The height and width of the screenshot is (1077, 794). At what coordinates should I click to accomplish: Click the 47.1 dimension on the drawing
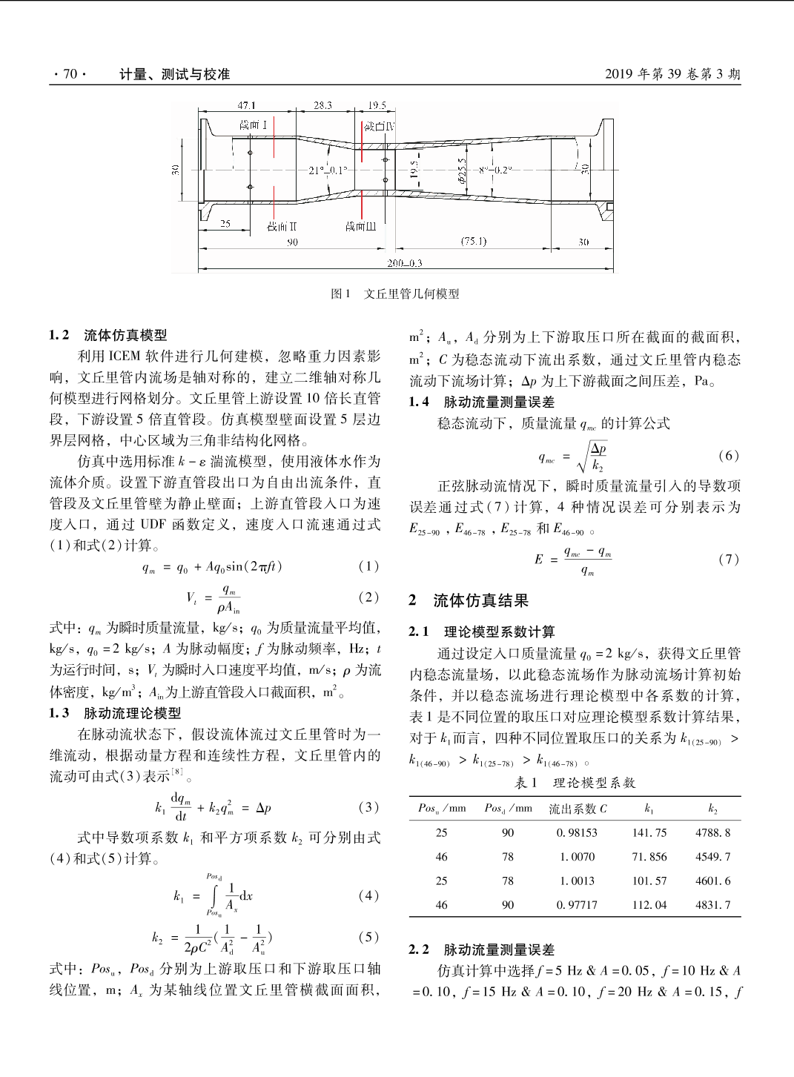pos(246,106)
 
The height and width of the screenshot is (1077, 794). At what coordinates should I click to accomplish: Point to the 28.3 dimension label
pos(322,106)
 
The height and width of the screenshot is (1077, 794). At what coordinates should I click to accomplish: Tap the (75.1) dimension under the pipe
pos(474,242)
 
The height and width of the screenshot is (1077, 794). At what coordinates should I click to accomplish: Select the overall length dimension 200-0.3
pos(405,263)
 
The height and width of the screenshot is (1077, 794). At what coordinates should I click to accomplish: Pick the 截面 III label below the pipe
pos(361,226)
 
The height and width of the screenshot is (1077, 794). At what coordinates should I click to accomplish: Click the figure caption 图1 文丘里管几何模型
pos(395,294)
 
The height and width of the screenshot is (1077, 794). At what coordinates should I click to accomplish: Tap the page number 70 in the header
pos(70,74)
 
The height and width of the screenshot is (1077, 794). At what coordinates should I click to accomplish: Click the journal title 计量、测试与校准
pos(175,74)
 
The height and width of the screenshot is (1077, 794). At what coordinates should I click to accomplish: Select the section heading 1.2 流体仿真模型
pos(108,335)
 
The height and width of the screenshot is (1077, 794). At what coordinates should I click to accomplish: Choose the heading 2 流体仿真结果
pos(469,600)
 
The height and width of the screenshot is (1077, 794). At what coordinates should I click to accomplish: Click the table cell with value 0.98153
pos(577,833)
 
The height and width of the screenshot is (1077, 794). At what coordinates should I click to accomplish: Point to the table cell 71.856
pos(649,857)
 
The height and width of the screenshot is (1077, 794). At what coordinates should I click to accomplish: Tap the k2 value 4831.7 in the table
pos(712,905)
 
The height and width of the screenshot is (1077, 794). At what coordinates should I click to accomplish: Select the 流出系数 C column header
pos(578,809)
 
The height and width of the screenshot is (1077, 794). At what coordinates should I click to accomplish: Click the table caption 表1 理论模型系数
pos(575,783)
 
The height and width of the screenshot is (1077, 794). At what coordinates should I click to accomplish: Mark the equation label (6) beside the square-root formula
pos(729,456)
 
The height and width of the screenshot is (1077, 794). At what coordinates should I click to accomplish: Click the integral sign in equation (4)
pos(215,896)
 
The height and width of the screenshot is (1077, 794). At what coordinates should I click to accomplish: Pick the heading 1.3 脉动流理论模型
pos(115,713)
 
